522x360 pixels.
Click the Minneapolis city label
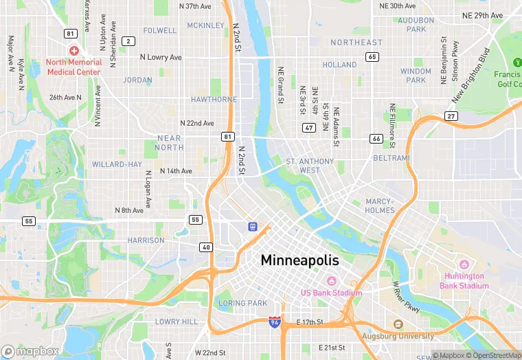299,261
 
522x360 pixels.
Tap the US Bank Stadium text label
331,292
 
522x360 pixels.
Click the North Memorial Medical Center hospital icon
74,51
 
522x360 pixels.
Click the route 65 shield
372,56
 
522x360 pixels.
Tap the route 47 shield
308,128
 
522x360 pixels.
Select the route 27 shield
451,116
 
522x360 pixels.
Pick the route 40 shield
206,247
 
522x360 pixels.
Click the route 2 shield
128,41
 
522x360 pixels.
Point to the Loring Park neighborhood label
242,303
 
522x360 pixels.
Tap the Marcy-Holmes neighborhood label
380,206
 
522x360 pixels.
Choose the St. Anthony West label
310,166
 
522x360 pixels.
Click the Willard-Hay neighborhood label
117,164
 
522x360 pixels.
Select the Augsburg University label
398,336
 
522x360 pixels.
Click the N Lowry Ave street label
161,57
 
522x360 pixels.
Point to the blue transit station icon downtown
253,225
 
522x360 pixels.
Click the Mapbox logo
31,351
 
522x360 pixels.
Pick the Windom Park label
416,76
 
